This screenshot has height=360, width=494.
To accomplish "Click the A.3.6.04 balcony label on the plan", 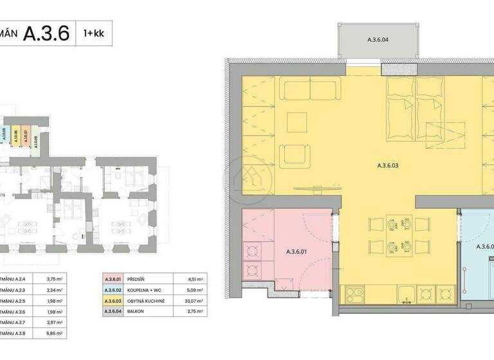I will coord(377,40).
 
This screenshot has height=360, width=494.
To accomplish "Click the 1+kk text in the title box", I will coord(94,33).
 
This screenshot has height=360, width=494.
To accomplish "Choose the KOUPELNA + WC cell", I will coord(147,289).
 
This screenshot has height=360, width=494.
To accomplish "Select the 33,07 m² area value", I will coord(187,300).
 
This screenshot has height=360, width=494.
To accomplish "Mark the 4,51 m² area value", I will coord(187,279).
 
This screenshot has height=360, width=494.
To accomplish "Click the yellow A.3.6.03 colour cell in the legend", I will coord(113,300).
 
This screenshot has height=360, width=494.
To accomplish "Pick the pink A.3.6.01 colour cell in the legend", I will coord(113,279).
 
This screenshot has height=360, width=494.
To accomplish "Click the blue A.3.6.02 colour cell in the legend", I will coord(113,289).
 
